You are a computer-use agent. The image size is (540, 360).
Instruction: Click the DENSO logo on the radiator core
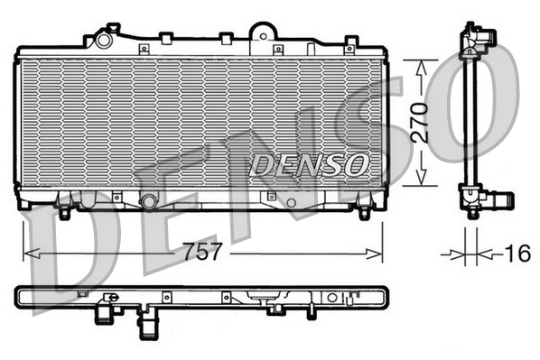coord(310,164)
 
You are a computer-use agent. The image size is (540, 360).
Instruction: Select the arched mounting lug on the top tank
coord(263,32)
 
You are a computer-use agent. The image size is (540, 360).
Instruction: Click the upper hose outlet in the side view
coord(487,39)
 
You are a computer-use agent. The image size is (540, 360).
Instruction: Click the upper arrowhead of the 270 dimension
coord(420,66)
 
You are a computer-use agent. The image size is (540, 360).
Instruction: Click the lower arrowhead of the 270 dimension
coord(420,180)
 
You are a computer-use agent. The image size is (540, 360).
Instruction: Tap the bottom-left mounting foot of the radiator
coord(65,214)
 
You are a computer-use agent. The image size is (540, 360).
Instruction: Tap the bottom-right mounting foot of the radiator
coord(364,213)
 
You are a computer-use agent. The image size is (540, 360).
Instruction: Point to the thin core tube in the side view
coord(470,117)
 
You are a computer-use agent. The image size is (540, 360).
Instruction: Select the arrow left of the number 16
coord(452,254)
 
